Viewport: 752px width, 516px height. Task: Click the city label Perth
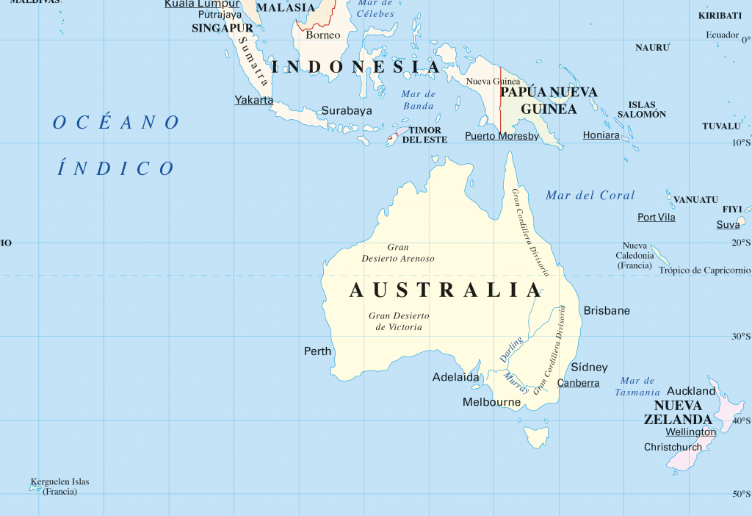[318, 351]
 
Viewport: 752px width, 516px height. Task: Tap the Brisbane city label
[607, 311]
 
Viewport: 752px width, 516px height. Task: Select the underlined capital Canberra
[578, 383]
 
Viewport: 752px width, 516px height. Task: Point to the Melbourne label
[491, 402]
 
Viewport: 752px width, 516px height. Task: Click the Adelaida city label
[455, 378]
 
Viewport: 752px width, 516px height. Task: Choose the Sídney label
[589, 367]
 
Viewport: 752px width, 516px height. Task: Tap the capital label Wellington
[690, 432]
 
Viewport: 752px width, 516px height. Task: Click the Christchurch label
[673, 447]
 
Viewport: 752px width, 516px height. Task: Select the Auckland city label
[690, 391]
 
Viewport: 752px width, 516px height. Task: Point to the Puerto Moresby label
[502, 136]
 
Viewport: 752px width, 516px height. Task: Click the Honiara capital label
[601, 135]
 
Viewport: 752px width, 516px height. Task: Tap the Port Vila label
[656, 218]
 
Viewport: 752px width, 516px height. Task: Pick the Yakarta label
[253, 100]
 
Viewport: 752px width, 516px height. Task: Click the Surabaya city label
[347, 111]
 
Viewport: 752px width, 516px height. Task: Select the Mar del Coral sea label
[590, 196]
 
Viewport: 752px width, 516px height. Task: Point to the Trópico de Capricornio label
[704, 270]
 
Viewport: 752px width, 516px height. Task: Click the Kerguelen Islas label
[59, 482]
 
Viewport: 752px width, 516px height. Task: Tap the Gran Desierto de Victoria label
[399, 321]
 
